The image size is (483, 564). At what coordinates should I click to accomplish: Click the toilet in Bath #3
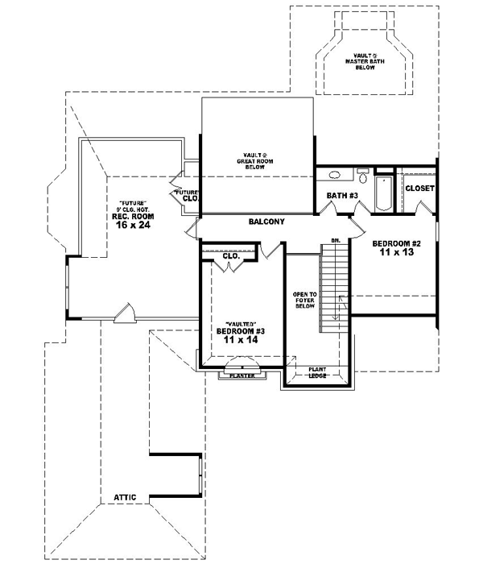click(363, 174)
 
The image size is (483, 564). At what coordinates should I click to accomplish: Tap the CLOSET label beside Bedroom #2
click(419, 188)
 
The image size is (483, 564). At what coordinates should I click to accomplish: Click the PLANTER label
click(242, 375)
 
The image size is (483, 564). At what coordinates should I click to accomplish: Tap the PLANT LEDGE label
click(315, 374)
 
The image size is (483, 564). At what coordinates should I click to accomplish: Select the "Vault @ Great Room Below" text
click(256, 160)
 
